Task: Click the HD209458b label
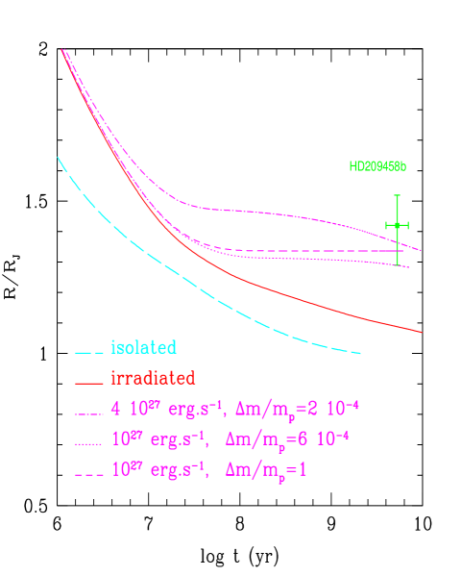[x=377, y=166]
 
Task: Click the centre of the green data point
[x=397, y=226]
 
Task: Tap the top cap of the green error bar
[x=397, y=195]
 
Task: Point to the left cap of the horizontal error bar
[x=386, y=226]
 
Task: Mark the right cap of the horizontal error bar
[x=408, y=226]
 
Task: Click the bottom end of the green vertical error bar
[x=397, y=264]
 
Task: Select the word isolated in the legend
[x=143, y=347]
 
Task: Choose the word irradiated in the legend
[x=153, y=378]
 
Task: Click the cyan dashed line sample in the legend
[x=88, y=350]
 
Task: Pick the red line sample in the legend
[x=88, y=381]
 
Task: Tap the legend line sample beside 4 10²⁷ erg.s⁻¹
[x=88, y=412]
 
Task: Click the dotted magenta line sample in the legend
[x=88, y=442]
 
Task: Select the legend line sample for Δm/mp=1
[x=88, y=473]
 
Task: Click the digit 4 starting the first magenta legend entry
[x=115, y=409]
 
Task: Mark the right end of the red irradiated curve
[x=422, y=332]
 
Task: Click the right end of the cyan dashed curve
[x=360, y=353]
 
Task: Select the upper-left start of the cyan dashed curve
[x=58, y=157]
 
